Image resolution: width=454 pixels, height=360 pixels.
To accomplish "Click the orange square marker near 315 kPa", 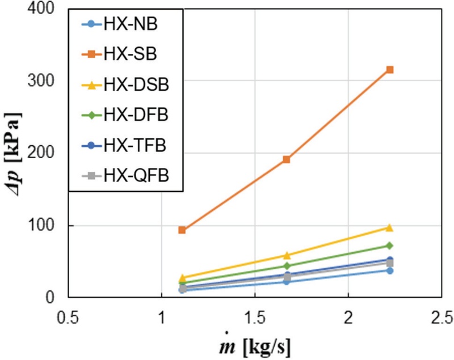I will coord(390,70).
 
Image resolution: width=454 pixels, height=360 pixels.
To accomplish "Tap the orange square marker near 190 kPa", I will coord(287,159).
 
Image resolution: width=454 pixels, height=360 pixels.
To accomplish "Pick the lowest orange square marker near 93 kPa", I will coord(182,230).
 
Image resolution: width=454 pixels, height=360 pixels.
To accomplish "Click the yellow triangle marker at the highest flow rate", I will coord(390,227).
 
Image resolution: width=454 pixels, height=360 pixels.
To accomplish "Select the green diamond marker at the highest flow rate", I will coord(390,245).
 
